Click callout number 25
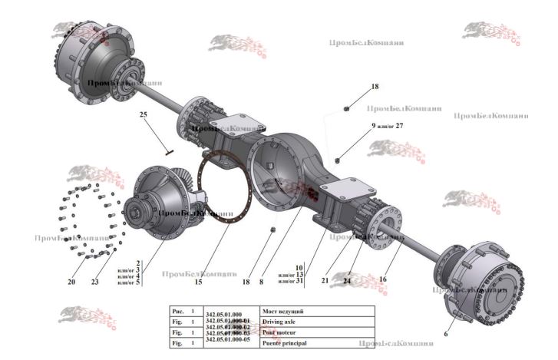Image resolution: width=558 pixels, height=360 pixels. pos(143,114)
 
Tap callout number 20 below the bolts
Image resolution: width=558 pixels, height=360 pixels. pos(71,282)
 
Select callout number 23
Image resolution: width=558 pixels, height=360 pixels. pos(94,282)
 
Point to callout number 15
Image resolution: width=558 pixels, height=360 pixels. pos(198,282)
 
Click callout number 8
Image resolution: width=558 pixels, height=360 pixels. pos(261,282)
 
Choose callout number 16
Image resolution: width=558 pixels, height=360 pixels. pos(382,279)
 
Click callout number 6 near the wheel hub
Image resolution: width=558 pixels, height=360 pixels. pos(446,334)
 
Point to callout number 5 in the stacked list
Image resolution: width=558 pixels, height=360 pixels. pos(137,282)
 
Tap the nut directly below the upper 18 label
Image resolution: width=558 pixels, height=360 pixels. pos(348,108)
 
